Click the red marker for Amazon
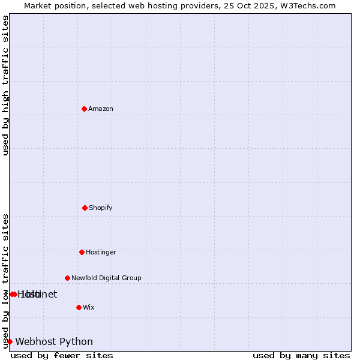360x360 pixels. (85, 109)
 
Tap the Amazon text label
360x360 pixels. (101, 109)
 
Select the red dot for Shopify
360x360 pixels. (85, 208)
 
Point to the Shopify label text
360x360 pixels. (101, 208)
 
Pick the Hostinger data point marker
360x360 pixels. (82, 252)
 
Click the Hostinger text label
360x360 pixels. (101, 252)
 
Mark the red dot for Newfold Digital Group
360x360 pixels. (67, 278)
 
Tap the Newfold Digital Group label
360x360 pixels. (106, 278)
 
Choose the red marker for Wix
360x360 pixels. (79, 307)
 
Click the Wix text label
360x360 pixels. (89, 307)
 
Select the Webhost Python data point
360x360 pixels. (10, 341)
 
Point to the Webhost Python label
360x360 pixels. (54, 342)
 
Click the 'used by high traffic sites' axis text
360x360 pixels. (5, 85)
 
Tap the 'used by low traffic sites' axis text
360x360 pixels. (5, 280)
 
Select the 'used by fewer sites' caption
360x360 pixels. (62, 355)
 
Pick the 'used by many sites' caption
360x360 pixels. (301, 355)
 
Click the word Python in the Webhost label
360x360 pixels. (76, 342)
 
